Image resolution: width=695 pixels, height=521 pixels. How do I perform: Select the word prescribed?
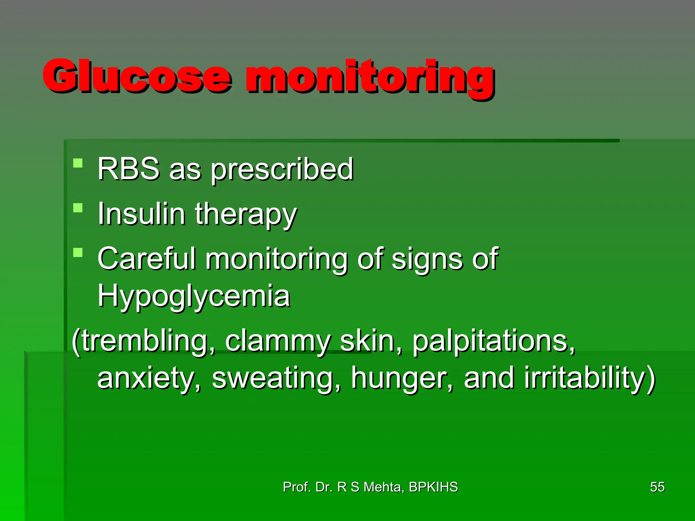[x=282, y=170]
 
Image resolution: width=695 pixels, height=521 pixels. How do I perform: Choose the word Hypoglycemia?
[x=193, y=296]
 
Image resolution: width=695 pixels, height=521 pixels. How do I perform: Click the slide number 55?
[x=657, y=487]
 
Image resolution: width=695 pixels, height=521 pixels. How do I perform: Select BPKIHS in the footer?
[x=433, y=487]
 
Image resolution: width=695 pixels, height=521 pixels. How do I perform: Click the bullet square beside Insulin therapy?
[x=78, y=208]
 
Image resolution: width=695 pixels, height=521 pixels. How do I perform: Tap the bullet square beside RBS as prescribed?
[x=78, y=163]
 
